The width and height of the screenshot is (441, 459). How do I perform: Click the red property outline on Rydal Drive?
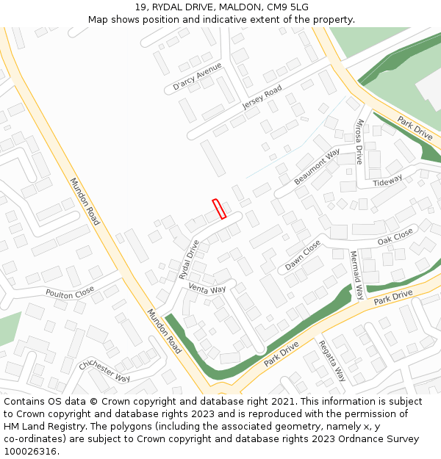click(x=218, y=209)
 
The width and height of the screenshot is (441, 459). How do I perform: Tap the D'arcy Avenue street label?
click(x=197, y=76)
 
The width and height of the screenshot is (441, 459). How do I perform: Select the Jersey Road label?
click(x=262, y=98)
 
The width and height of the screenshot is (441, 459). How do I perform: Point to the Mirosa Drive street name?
click(x=359, y=141)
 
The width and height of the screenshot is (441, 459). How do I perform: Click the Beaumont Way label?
click(x=317, y=167)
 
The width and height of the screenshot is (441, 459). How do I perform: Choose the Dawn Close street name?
click(x=303, y=255)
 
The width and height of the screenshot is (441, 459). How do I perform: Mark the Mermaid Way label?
click(x=356, y=275)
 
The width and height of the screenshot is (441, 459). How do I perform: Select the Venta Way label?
click(x=207, y=289)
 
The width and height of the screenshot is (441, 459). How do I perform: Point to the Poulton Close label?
click(x=70, y=292)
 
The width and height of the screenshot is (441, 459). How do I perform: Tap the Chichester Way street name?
click(x=104, y=369)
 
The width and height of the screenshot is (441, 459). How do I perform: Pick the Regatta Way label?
click(x=332, y=361)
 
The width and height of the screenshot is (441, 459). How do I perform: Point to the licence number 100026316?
click(x=32, y=451)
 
